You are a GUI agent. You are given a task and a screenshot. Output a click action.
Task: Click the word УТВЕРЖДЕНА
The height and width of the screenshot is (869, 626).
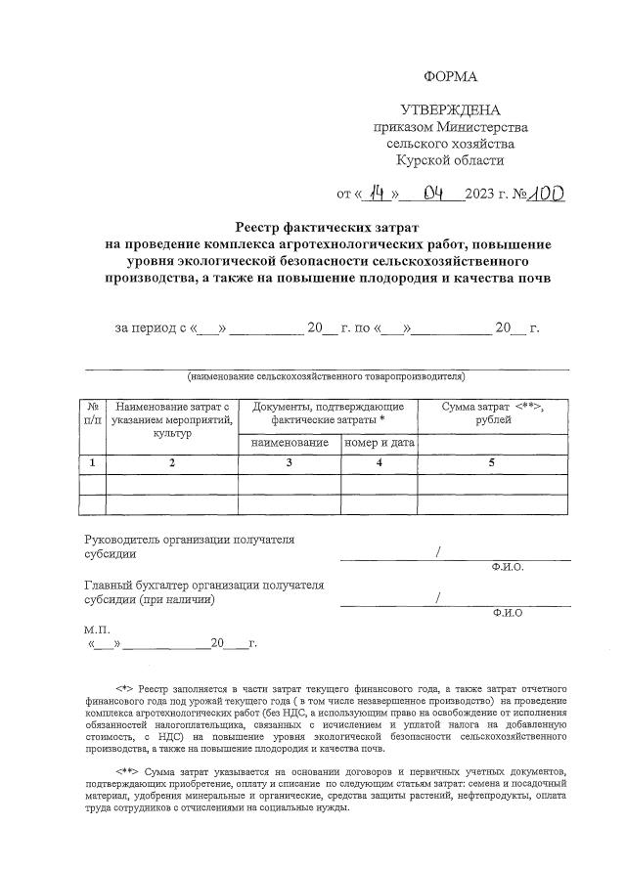(x=451, y=109)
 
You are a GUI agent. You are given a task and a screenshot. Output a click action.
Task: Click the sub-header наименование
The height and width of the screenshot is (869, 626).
(x=289, y=443)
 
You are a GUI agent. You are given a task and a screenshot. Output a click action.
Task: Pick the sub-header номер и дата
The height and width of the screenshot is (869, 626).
(x=380, y=443)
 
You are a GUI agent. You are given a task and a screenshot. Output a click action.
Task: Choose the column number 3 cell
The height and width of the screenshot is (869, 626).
(x=289, y=463)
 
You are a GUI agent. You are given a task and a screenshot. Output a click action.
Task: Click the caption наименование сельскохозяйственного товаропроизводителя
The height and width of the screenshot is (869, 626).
(x=326, y=376)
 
